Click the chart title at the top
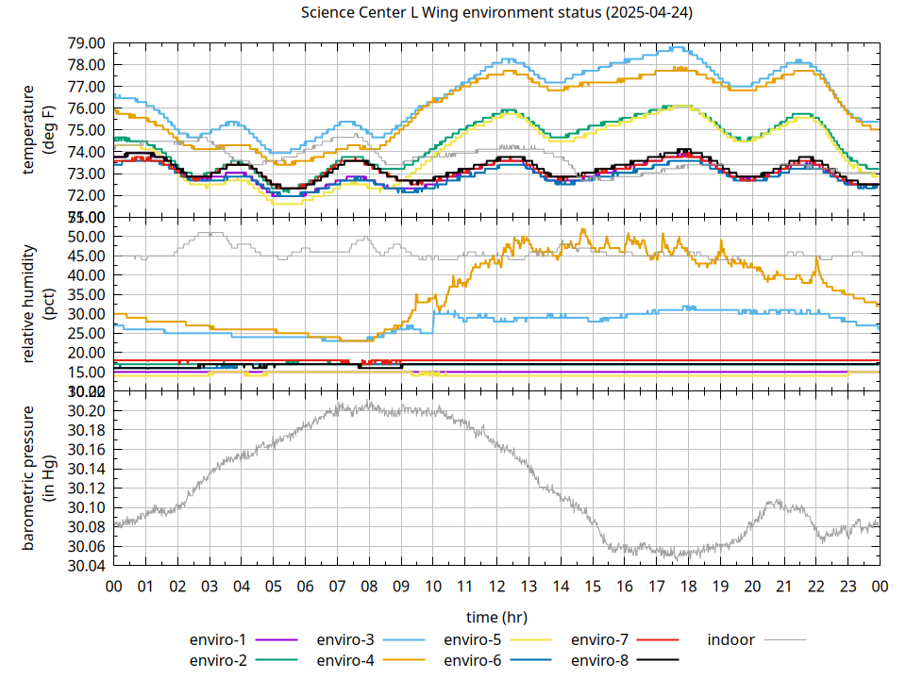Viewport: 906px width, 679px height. (496, 13)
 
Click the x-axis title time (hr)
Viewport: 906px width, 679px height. (496, 617)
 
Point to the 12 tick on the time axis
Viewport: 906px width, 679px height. (496, 587)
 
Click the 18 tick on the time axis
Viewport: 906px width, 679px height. (688, 587)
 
